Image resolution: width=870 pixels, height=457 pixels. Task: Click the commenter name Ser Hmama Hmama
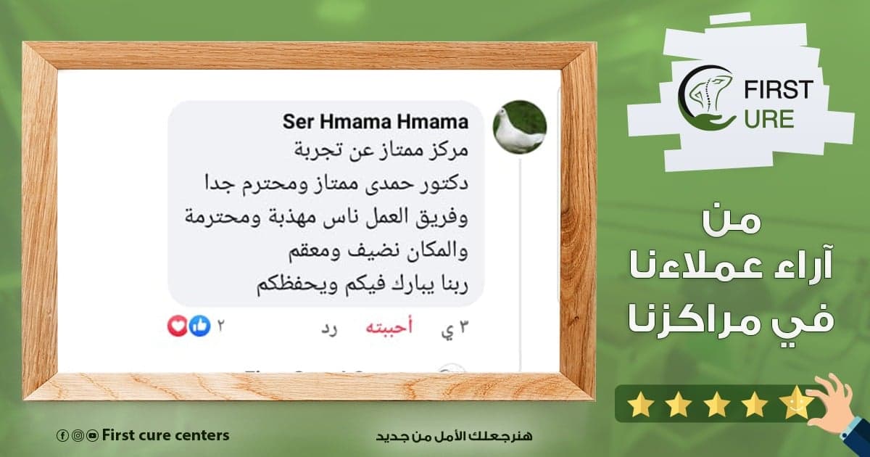(x=376, y=122)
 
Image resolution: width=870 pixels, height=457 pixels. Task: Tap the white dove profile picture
(x=520, y=127)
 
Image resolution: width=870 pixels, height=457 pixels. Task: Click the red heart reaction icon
(x=178, y=326)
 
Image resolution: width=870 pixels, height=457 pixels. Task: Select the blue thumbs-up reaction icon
(x=199, y=326)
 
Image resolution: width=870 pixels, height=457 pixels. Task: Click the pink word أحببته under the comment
(x=389, y=327)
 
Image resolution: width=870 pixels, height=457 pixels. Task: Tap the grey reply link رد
(x=329, y=329)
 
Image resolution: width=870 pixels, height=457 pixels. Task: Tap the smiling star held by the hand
(x=797, y=402)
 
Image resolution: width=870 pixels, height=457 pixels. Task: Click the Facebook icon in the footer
(x=62, y=436)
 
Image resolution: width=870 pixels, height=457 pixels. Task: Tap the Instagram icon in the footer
(x=78, y=436)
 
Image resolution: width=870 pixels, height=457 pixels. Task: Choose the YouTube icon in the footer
(x=93, y=436)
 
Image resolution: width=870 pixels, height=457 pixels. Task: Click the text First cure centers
(x=165, y=435)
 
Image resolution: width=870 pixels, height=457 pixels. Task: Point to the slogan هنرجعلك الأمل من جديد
(x=454, y=436)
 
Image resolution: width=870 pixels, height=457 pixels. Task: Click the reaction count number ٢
(x=220, y=326)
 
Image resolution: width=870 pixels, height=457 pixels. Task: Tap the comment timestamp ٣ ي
(x=455, y=329)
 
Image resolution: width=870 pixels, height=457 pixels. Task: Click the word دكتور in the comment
(x=444, y=183)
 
